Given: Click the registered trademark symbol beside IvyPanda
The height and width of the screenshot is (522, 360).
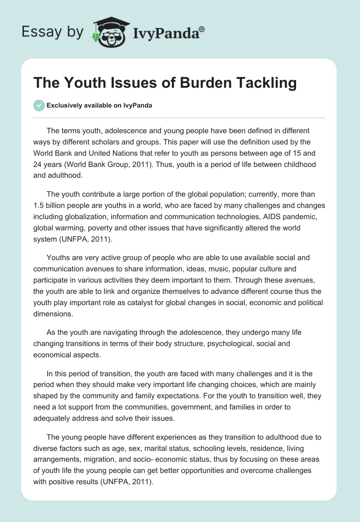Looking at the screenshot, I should [x=202, y=29].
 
